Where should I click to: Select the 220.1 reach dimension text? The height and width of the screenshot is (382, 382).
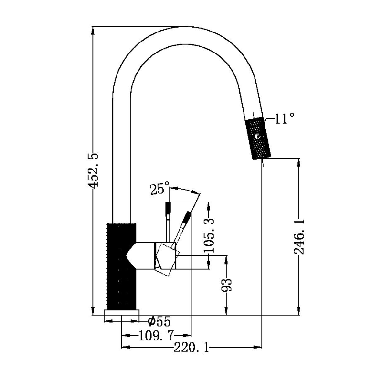pyautogui.click(x=191, y=348)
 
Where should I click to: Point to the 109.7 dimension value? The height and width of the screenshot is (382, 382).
pyautogui.click(x=156, y=335)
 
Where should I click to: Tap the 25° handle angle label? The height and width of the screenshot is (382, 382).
pyautogui.click(x=159, y=189)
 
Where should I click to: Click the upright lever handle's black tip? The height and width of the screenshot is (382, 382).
pyautogui.click(x=168, y=209)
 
